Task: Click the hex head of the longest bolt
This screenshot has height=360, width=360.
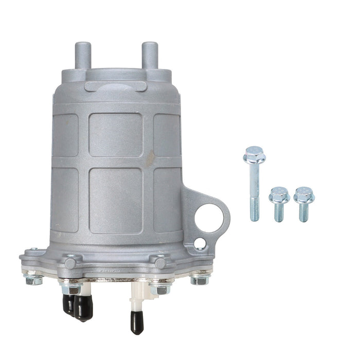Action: [253, 154]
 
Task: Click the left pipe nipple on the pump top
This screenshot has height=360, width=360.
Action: [83, 53]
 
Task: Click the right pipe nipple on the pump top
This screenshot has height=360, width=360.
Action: [149, 53]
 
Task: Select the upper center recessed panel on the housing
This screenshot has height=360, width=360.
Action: [116, 135]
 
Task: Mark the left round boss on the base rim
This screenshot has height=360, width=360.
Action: [71, 262]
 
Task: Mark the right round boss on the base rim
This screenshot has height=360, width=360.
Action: [160, 263]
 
